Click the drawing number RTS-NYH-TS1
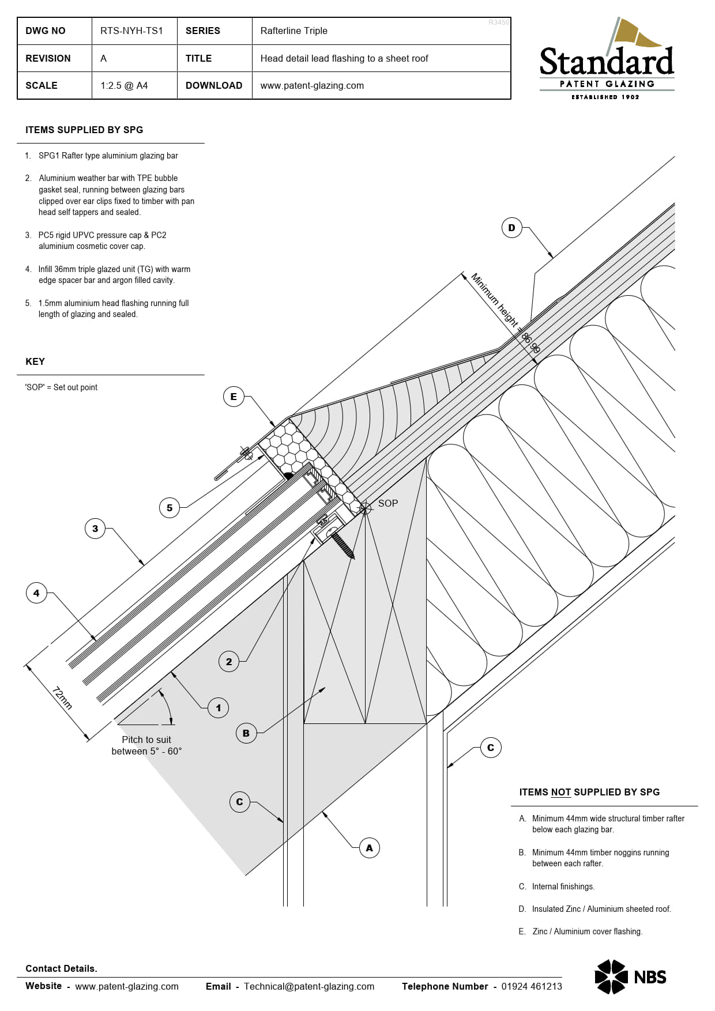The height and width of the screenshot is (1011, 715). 131,31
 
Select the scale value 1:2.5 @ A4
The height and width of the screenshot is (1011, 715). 124,85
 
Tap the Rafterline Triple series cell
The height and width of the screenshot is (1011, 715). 293,31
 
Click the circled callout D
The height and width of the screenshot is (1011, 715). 511,228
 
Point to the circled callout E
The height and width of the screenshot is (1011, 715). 234,397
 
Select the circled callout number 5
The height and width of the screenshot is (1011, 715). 170,508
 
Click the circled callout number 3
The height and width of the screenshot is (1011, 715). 95,529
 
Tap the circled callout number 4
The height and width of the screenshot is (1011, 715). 36,593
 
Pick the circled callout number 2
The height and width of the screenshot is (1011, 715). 229,662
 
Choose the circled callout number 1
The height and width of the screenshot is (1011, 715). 218,708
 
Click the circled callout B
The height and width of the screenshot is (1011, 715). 246,733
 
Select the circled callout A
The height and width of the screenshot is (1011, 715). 369,848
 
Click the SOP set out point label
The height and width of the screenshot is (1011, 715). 387,503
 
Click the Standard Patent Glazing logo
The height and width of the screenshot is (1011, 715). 607,61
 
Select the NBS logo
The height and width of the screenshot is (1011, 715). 630,977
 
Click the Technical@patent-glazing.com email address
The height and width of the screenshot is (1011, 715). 308,986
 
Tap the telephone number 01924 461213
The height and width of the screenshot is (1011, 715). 531,986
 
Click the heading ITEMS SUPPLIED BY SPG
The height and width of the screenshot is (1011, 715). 84,130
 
